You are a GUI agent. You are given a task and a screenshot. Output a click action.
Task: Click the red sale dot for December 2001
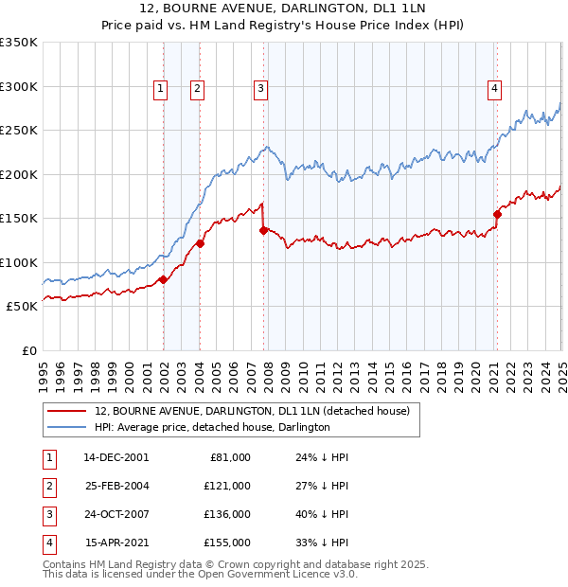pyautogui.click(x=163, y=279)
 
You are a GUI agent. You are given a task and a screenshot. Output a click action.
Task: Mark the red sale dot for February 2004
pyautogui.click(x=200, y=244)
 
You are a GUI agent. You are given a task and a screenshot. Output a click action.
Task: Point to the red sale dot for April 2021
pyautogui.click(x=497, y=214)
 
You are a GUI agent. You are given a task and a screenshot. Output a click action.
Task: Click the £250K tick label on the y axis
pyautogui.click(x=19, y=131)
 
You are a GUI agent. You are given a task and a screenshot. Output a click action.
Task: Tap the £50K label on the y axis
pyautogui.click(x=22, y=307)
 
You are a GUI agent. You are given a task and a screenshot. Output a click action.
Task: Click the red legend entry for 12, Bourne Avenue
pyautogui.click(x=252, y=412)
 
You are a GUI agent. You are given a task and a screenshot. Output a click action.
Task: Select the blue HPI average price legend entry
pyautogui.click(x=212, y=428)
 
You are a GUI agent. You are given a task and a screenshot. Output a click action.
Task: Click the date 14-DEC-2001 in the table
pyautogui.click(x=115, y=457)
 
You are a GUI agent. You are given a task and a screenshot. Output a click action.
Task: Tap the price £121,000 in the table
pyautogui.click(x=226, y=486)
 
